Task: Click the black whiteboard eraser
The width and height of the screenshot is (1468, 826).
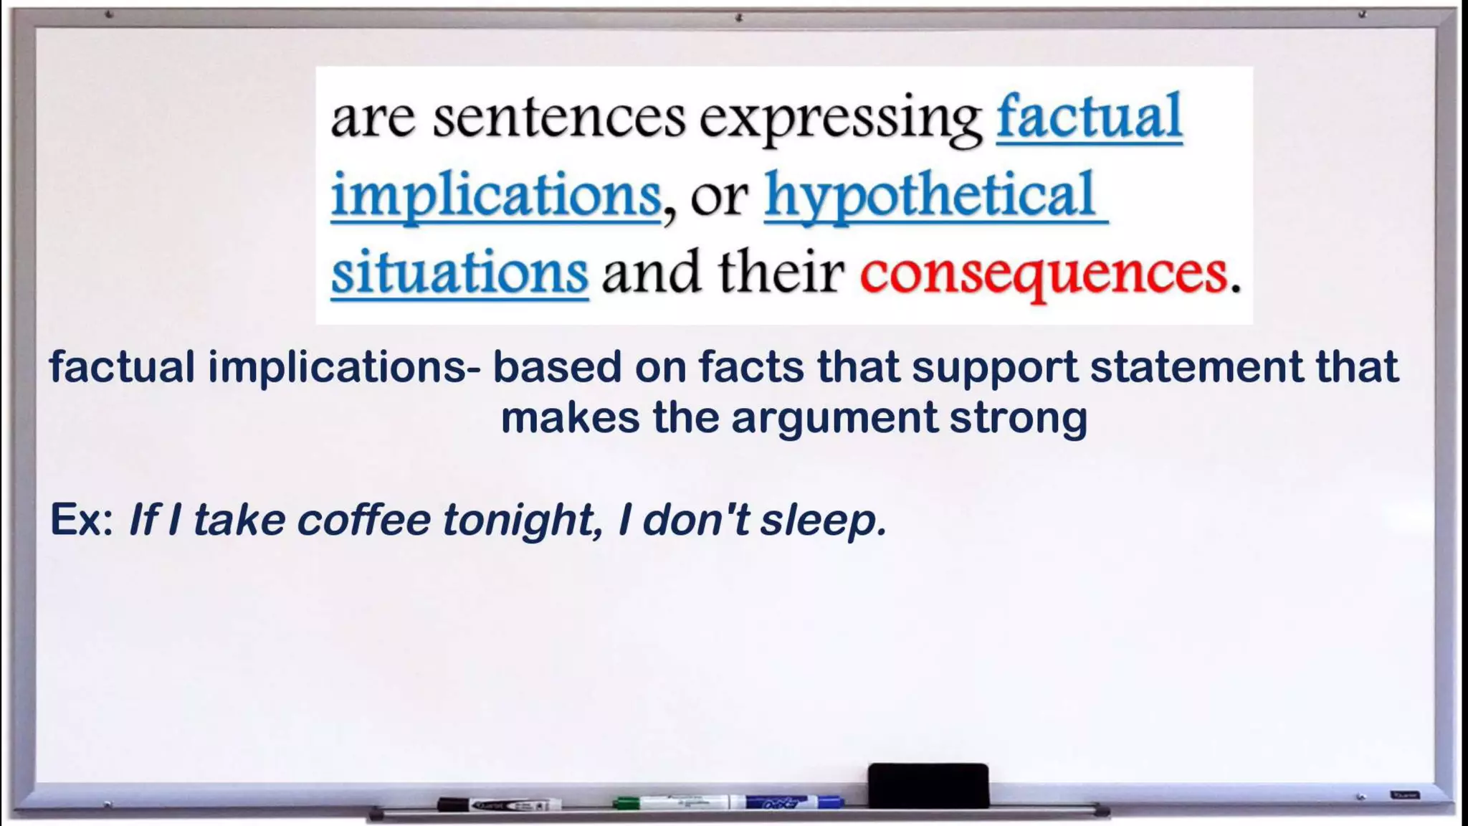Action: (928, 785)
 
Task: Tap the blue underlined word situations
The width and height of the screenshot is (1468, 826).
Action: (459, 272)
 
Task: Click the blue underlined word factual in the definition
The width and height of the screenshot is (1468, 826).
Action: (1089, 118)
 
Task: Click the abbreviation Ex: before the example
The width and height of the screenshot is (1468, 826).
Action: (81, 519)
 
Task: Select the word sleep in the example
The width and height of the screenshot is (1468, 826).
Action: (824, 521)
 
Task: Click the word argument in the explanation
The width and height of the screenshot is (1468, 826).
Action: (834, 419)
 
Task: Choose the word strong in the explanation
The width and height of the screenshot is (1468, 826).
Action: (1019, 419)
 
